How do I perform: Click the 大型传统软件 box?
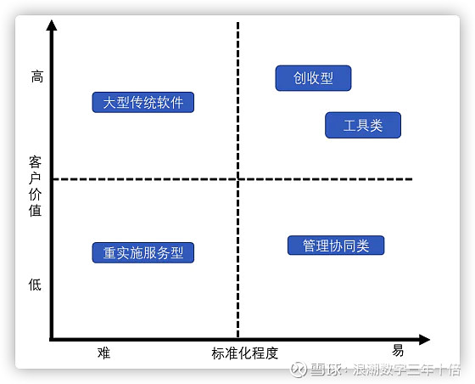point(143,102)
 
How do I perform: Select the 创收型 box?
point(313,78)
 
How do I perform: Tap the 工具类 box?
point(363,125)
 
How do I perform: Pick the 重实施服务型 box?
point(143,252)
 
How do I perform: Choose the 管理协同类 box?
point(336,245)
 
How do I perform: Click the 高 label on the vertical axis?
point(37,76)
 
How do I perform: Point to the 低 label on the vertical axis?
point(35,285)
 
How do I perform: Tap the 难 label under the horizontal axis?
point(103,353)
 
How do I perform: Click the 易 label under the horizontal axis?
point(398,350)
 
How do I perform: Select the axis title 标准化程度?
point(245,353)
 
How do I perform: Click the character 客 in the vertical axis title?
point(35,162)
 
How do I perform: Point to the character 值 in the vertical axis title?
point(35,210)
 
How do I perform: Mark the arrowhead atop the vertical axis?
point(52,25)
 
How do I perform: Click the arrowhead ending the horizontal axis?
point(424,340)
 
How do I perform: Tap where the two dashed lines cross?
point(238,179)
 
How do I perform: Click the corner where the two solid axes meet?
point(52,340)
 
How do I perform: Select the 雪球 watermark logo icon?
point(299,370)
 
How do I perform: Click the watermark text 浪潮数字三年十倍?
point(406,370)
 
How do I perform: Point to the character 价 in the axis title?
point(35,194)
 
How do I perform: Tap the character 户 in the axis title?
point(35,178)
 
